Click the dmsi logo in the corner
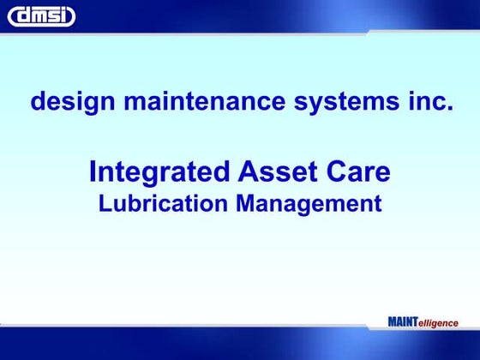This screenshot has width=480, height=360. pos(41,16)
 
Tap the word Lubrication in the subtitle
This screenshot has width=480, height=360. pos(162,204)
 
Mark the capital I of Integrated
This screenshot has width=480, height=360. pos(93,173)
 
